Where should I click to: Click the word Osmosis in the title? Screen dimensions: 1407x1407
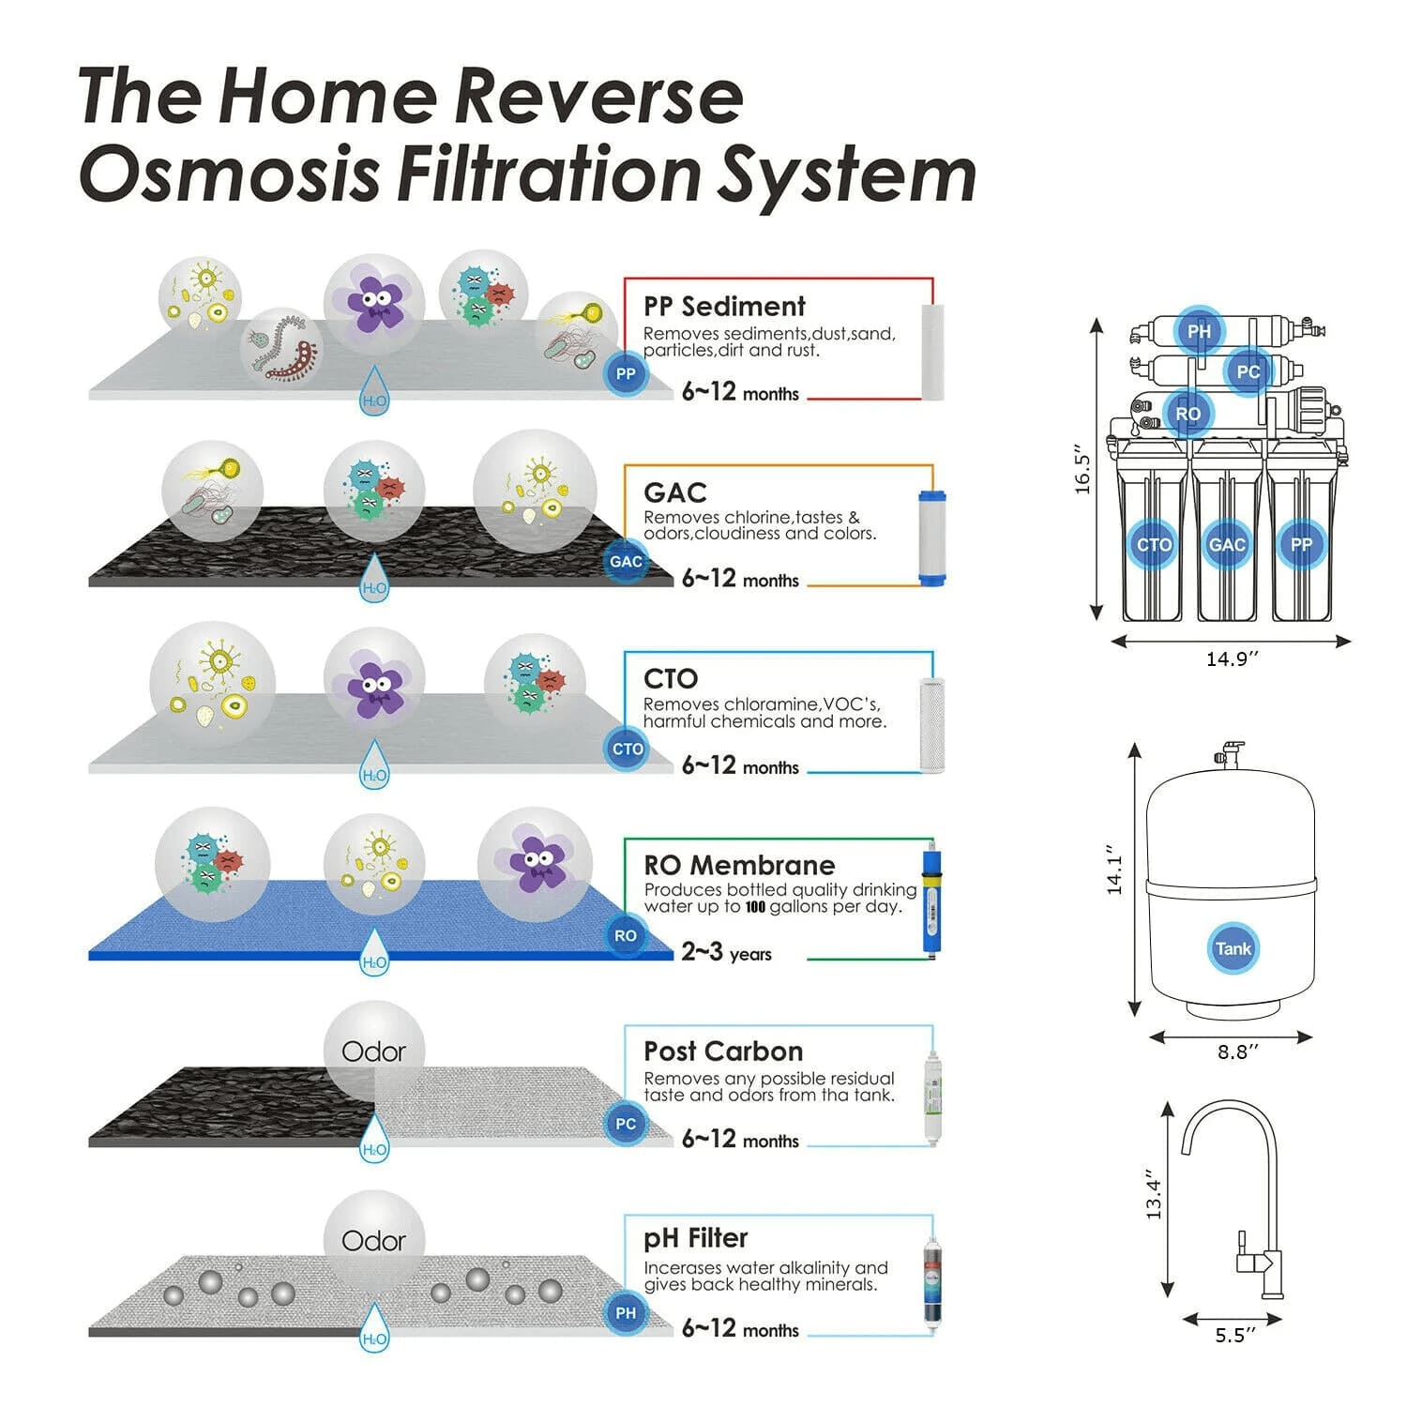[229, 174]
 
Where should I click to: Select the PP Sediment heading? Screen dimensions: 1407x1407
[724, 307]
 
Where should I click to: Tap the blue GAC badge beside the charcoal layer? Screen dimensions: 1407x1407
[626, 562]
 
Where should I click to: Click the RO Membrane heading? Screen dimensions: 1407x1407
[739, 865]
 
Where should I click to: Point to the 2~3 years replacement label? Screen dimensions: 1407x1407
[726, 953]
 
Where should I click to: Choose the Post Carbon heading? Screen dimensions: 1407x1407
[723, 1051]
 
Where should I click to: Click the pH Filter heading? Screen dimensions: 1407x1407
[695, 1238]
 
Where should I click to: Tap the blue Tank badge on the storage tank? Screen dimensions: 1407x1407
[1233, 948]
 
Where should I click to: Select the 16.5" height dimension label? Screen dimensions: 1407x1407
[1084, 469]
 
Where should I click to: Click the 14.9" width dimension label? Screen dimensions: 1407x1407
[1232, 659]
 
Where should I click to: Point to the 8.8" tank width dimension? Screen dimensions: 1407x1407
[1238, 1052]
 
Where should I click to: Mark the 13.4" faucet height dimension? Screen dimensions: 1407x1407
[1154, 1200]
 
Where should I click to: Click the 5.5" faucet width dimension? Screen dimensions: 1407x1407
[1235, 1336]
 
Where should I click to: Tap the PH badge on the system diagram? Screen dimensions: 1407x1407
[1199, 331]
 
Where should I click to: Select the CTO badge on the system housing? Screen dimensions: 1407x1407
[1154, 545]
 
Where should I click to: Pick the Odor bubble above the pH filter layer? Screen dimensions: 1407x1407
[373, 1241]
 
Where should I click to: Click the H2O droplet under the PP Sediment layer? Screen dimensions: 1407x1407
[374, 391]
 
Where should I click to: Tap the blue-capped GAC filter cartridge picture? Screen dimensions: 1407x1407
[931, 537]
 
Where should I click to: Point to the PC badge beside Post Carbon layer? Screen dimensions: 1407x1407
[626, 1124]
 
